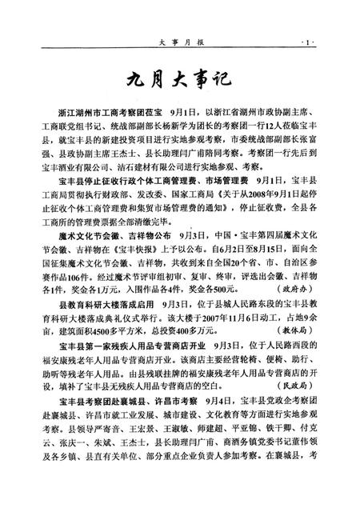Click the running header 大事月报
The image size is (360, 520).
coord(179,39)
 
